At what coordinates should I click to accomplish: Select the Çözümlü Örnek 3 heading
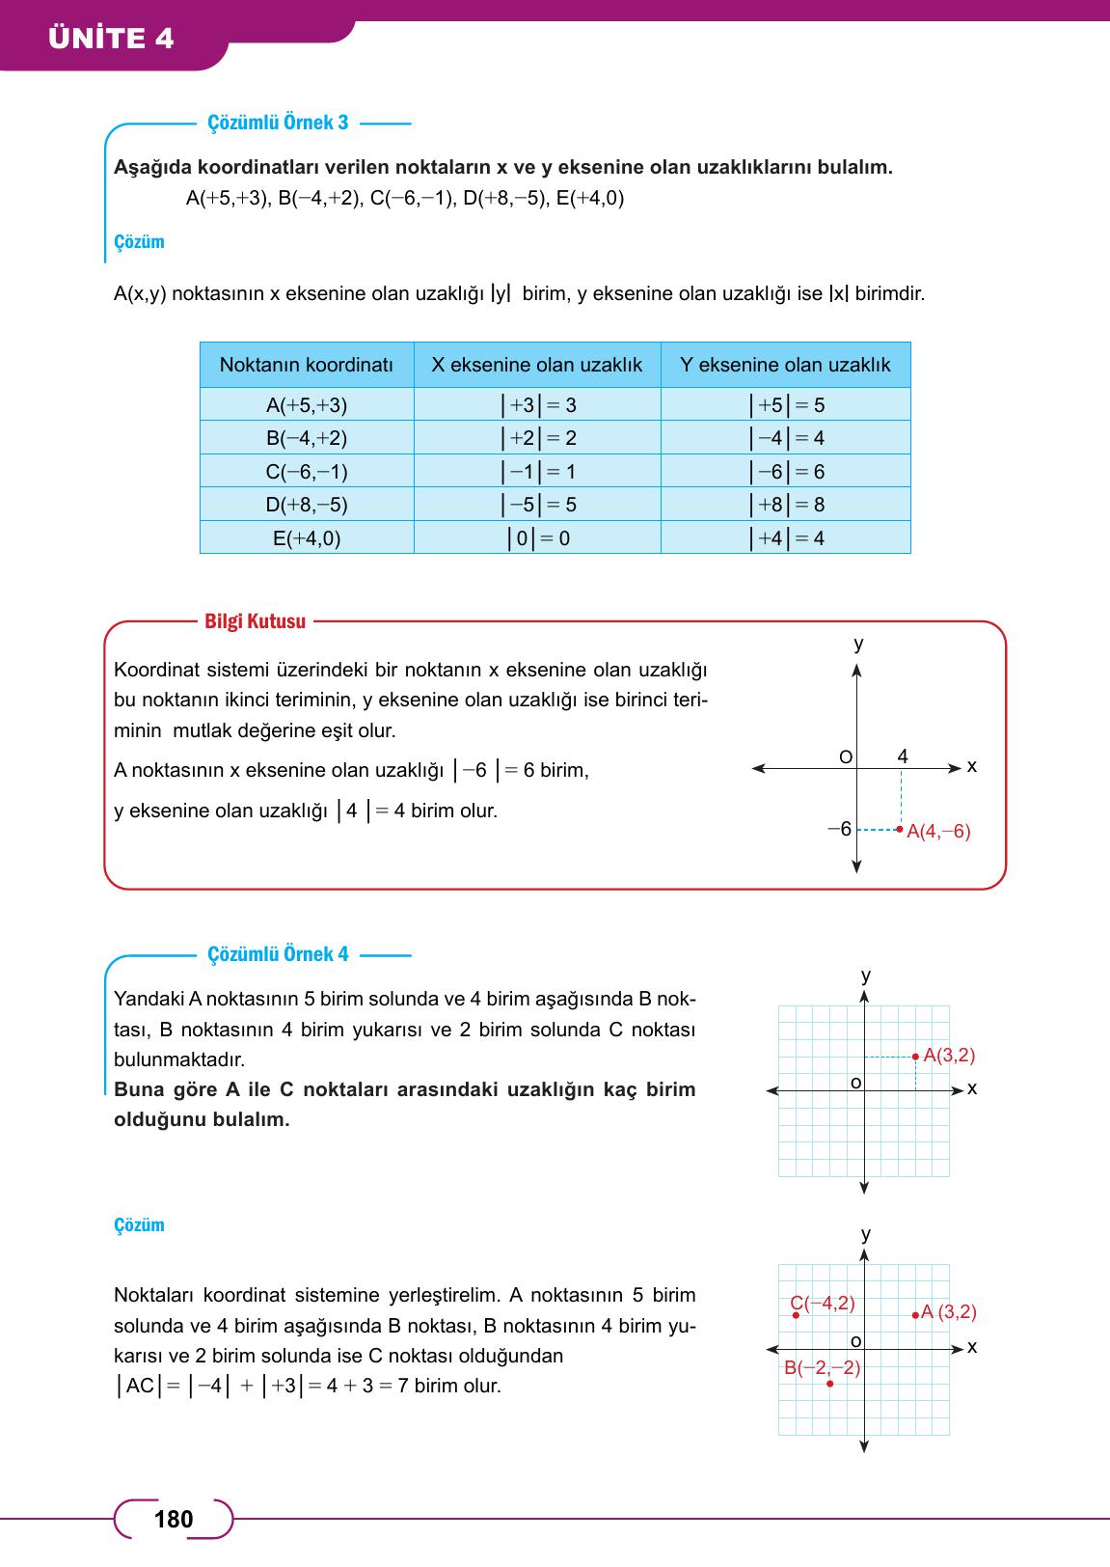278,124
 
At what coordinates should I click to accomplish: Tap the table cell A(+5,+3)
307,405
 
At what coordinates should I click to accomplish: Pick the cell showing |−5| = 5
538,505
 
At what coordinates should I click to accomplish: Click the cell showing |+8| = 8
786,505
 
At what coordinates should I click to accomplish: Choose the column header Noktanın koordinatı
307,366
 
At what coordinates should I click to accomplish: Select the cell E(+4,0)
307,538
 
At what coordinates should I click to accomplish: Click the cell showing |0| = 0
538,538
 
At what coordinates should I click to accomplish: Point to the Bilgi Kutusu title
255,621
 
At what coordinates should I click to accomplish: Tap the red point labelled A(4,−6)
900,829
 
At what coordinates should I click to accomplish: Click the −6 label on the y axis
840,829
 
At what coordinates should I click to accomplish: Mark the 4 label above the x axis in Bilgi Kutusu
903,756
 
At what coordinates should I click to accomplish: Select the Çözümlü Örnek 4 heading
278,955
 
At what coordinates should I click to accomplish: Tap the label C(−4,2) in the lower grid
823,1304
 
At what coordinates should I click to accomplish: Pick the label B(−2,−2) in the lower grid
822,1367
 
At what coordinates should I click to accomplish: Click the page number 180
174,1520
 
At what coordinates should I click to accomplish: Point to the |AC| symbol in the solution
140,1387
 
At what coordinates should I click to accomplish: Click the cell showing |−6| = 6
786,472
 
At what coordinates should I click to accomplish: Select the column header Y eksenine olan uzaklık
785,366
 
